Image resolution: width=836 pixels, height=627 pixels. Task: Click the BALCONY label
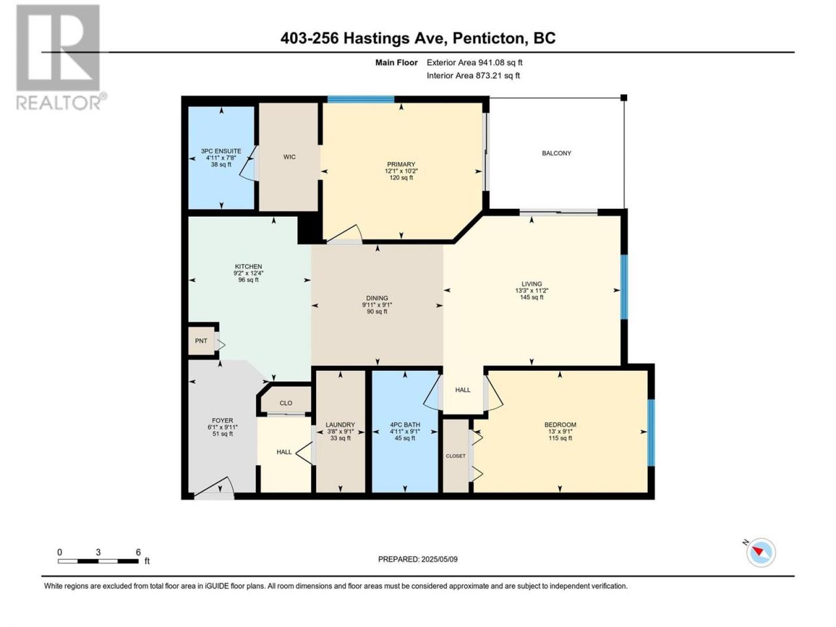556,153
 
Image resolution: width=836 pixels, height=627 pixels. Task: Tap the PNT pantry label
201,341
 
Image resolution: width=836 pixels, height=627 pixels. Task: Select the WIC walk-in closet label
289,157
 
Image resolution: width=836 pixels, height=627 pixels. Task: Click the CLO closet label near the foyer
285,403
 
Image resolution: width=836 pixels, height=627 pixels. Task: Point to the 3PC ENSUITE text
221,151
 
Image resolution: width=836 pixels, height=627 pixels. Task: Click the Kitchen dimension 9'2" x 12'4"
248,273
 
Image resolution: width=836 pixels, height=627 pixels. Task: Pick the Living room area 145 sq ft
532,297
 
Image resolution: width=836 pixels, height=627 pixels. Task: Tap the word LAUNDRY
340,425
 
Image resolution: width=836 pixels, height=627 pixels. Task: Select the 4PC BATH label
405,425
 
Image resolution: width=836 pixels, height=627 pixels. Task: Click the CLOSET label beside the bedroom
455,456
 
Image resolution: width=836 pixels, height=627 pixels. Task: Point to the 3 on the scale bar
98,553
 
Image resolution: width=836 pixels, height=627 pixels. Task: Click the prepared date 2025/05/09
439,559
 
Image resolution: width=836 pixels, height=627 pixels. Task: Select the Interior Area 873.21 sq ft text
473,75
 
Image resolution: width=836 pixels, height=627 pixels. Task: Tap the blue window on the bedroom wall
651,432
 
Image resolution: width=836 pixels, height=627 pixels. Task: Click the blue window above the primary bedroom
361,100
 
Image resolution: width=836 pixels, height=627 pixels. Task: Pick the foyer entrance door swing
214,488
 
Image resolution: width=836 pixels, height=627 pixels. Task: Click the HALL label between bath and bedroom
463,390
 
